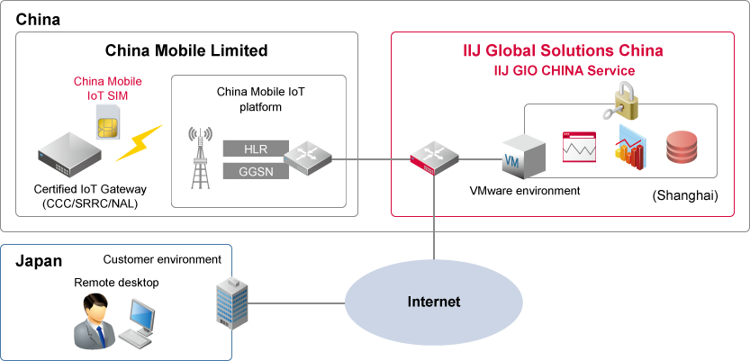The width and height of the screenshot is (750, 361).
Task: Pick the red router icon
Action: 433,158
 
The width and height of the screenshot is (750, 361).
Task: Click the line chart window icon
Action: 579,147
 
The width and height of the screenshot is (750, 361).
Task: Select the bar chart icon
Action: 631,149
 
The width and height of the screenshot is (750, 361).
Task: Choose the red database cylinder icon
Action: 682,147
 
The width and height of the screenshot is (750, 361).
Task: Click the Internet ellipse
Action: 434,302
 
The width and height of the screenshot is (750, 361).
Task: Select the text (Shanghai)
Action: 683,195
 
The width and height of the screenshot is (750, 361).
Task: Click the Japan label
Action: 39,261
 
